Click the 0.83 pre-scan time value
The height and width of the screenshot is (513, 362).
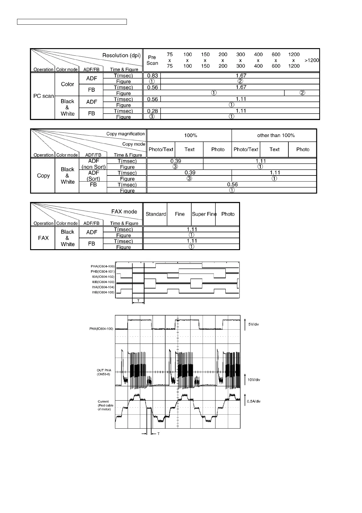click(x=152, y=76)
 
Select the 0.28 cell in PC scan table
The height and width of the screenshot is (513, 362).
click(x=152, y=111)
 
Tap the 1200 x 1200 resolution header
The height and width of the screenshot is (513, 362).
click(x=294, y=60)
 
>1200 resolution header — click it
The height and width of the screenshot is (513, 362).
click(x=312, y=60)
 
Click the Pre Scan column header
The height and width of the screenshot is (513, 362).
click(x=152, y=60)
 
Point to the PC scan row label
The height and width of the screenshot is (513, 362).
click(x=44, y=96)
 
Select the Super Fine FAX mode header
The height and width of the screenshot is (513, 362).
click(x=204, y=214)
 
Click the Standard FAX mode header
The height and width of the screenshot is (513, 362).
click(x=156, y=214)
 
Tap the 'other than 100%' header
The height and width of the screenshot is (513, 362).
click(x=276, y=135)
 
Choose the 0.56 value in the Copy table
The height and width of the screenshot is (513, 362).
click(x=232, y=185)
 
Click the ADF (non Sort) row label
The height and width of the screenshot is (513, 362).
click(x=93, y=164)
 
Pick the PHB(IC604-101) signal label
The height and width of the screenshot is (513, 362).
click(x=103, y=271)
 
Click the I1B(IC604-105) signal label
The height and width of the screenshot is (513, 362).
click(x=103, y=292)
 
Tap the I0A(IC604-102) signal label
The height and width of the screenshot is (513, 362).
click(x=103, y=277)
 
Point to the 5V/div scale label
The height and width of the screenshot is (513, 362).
click(x=253, y=324)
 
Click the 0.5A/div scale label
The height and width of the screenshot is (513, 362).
click(x=254, y=401)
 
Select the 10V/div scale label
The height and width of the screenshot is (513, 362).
click(x=254, y=380)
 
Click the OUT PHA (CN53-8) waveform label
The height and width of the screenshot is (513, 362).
click(x=104, y=372)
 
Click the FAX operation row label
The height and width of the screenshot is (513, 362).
click(x=43, y=238)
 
